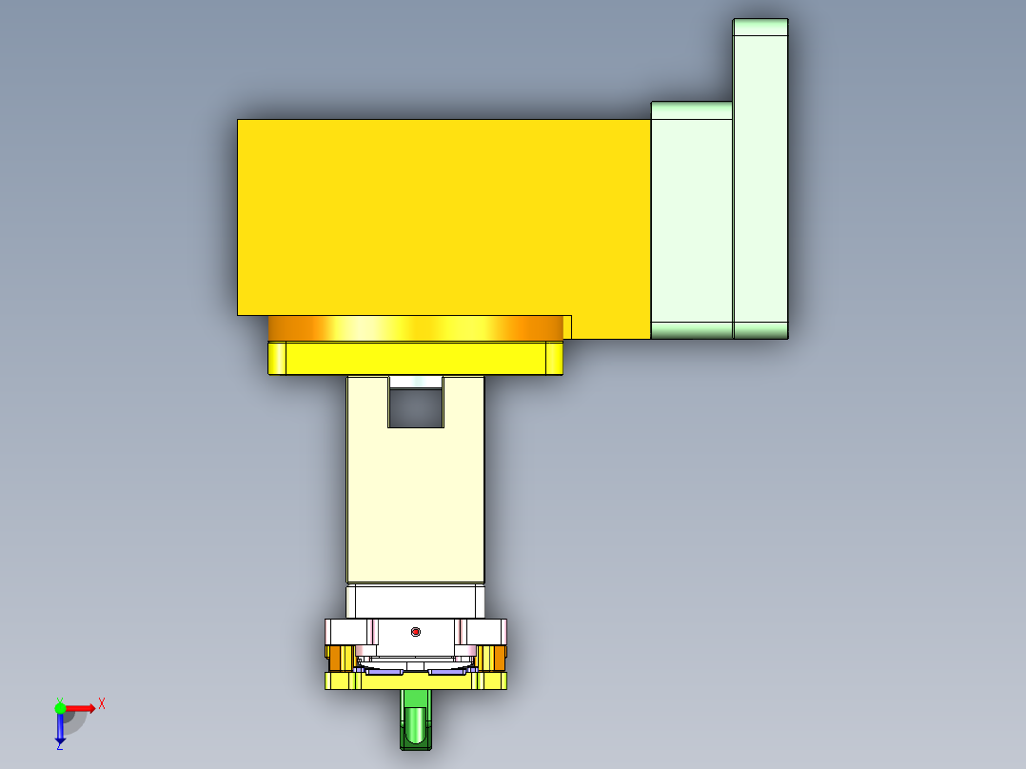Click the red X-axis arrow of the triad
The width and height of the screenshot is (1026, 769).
pyautogui.click(x=81, y=708)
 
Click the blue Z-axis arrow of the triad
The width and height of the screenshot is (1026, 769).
pyautogui.click(x=60, y=729)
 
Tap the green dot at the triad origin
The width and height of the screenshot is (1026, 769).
pyautogui.click(x=60, y=708)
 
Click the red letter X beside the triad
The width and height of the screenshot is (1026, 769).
pyautogui.click(x=101, y=704)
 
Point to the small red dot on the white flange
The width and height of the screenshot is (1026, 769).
pyautogui.click(x=415, y=632)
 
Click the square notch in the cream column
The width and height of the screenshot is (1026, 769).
pyautogui.click(x=416, y=406)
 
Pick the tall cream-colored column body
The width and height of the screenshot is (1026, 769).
pyautogui.click(x=416, y=504)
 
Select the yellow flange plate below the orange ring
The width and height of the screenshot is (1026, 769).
pyautogui.click(x=416, y=359)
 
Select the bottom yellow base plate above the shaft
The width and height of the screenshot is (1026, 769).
pyautogui.click(x=416, y=681)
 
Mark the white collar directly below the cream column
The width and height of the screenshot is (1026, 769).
pyautogui.click(x=416, y=601)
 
